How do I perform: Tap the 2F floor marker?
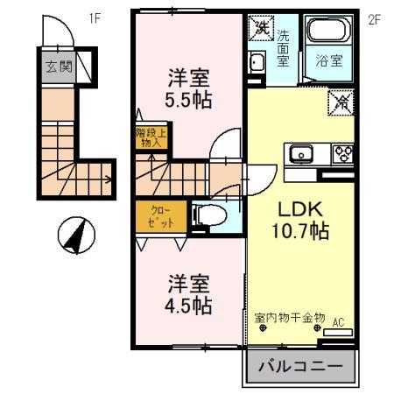click(374, 17)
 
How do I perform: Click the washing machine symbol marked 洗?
click(260, 28)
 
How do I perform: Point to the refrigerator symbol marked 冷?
click(343, 102)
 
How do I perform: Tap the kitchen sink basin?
click(299, 157)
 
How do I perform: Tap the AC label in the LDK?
click(336, 322)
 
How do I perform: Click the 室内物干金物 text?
click(290, 317)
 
